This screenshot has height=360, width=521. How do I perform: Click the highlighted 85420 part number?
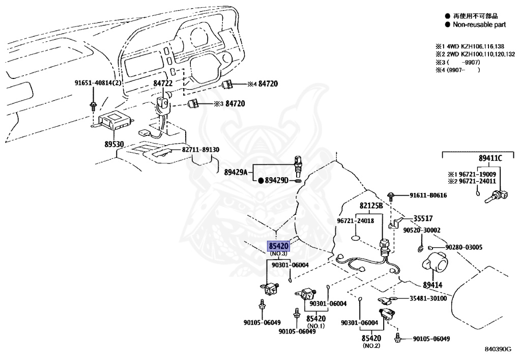coord(279,246)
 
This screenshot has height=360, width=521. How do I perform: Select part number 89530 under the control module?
coord(114,144)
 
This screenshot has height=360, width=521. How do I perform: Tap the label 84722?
coord(163,83)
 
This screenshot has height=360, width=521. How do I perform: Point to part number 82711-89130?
coord(200,150)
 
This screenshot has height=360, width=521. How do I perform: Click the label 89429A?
coord(236,172)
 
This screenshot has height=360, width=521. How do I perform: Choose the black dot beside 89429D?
coord(261,180)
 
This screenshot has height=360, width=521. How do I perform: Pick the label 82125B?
coord(371,206)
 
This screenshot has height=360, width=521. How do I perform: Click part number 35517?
coord(423,218)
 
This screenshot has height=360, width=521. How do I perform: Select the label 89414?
coord(432,285)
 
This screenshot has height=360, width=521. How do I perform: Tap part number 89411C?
coord(490,158)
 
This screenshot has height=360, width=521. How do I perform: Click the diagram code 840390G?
coord(498,349)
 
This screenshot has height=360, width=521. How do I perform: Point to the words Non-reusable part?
coord(479,24)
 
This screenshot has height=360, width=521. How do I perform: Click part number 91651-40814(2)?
coord(98,83)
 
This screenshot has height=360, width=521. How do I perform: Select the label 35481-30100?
coord(428,298)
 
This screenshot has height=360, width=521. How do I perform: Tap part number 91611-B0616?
coord(428,195)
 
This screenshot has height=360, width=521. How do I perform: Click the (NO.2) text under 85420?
coord(371,346)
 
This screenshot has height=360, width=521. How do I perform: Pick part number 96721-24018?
coord(356,220)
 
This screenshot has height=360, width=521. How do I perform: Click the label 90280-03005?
coord(464,247)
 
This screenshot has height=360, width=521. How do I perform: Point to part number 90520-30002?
coord(422,230)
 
